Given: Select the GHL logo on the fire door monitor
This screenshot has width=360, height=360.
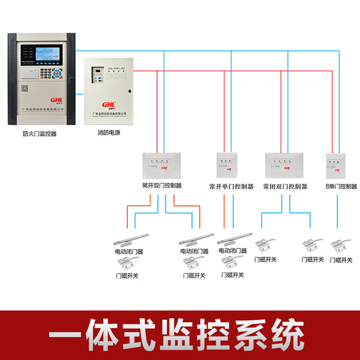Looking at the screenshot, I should [x=56, y=101].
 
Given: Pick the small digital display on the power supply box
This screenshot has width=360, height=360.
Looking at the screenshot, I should [x=96, y=76].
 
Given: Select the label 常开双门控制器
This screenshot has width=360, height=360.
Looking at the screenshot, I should [x=161, y=186].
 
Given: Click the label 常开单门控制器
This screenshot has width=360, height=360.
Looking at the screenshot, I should [x=231, y=187].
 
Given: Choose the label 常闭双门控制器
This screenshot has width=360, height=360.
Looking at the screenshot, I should [x=285, y=187].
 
